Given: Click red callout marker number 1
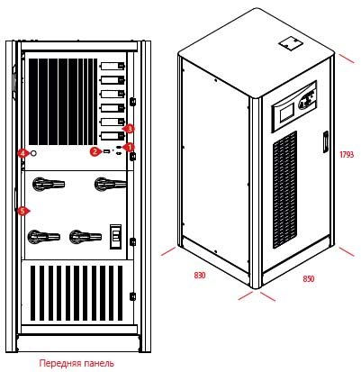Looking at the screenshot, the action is (x=130, y=147).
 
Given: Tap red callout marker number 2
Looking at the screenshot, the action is (x=95, y=151).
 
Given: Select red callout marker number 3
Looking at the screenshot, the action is (x=130, y=129).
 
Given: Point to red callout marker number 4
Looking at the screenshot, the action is (x=23, y=154).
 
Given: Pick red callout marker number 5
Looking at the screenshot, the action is (x=23, y=211).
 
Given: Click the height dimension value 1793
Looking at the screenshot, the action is (x=347, y=155).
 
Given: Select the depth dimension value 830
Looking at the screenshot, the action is (x=200, y=275).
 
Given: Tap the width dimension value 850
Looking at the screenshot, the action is (x=309, y=279).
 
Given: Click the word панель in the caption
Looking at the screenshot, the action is (x=99, y=364).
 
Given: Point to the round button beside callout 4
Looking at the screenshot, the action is (x=33, y=153).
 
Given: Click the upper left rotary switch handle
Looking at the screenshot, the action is (x=48, y=184).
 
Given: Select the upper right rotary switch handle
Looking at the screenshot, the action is (x=110, y=183).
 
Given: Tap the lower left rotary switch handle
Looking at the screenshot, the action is (x=44, y=237).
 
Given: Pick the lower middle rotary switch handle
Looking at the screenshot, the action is (x=86, y=237).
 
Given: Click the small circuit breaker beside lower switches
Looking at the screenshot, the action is (x=115, y=237).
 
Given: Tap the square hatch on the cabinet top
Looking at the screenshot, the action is (x=291, y=44).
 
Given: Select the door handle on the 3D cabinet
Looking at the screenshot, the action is (x=325, y=141).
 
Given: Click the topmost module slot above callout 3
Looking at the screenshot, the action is (x=113, y=66).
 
